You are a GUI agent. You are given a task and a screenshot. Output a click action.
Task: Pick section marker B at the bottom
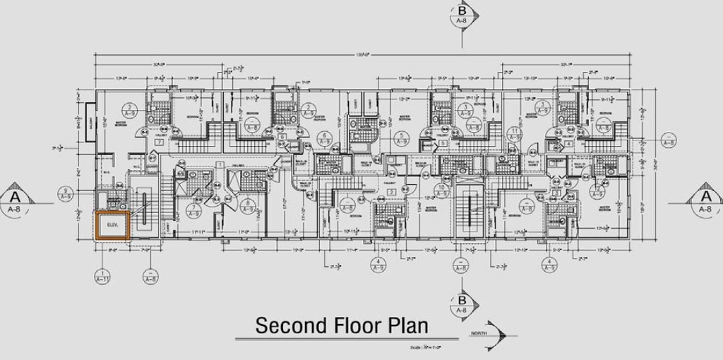[x=462, y=305]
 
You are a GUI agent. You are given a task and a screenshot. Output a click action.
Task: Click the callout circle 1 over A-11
[x=103, y=276]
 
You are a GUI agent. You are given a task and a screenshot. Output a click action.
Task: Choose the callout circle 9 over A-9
[x=66, y=195]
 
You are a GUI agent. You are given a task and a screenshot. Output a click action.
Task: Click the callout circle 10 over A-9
[x=441, y=191]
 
